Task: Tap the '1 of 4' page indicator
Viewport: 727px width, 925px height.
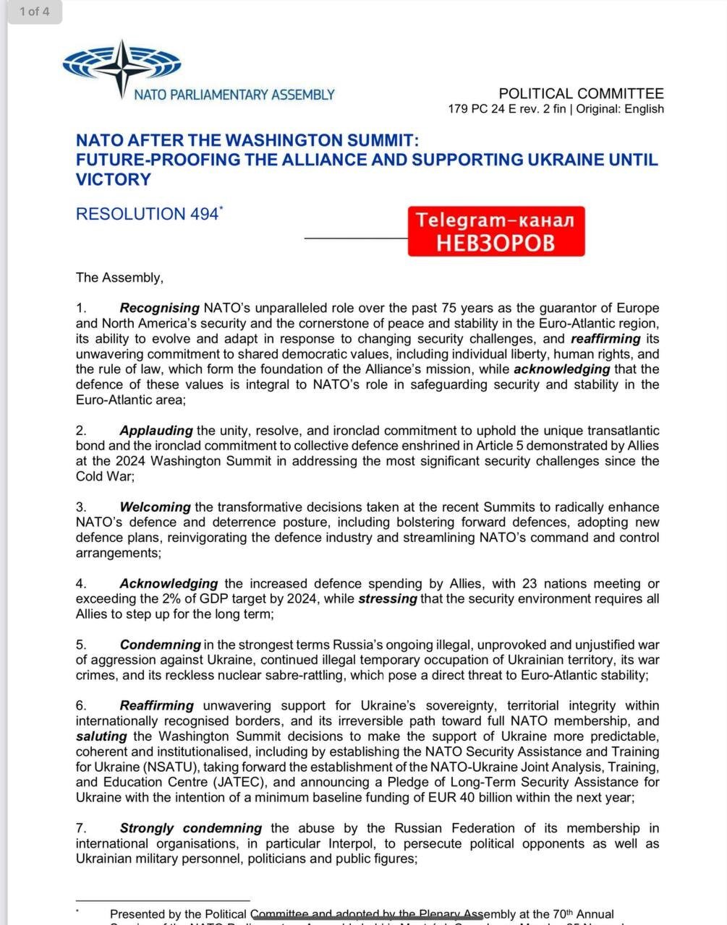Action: [x=34, y=12]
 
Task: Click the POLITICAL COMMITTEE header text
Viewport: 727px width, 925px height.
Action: [x=581, y=93]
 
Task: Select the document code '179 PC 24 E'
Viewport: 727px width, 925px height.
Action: [x=482, y=109]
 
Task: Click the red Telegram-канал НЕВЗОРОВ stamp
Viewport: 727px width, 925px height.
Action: [x=496, y=231]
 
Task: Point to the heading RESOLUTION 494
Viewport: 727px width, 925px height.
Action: [x=147, y=214]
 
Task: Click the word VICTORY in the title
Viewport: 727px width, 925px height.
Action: [x=113, y=179]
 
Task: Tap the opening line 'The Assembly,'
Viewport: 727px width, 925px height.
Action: [x=119, y=277]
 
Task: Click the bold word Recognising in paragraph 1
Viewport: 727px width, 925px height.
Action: [x=159, y=309]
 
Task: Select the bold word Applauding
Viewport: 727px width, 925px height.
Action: [x=156, y=431]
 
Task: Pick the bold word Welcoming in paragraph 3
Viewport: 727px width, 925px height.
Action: [x=155, y=507]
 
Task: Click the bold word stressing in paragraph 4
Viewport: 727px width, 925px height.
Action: [x=387, y=599]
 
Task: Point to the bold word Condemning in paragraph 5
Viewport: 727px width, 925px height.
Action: [x=160, y=645]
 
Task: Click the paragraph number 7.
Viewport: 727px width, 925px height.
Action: [x=81, y=828]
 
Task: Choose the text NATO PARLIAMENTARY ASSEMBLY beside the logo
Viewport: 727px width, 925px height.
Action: [x=234, y=95]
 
